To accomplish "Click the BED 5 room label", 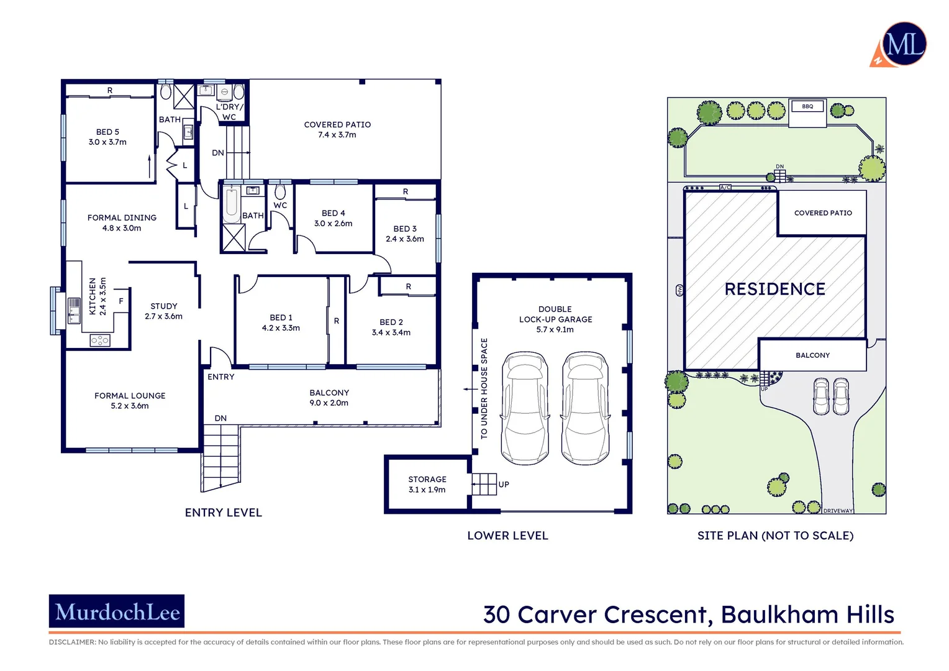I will coord(107,132).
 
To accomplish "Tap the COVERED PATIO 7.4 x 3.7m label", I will coord(337,129).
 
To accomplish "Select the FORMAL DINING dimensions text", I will coord(122,228).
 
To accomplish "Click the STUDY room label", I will coord(164,306).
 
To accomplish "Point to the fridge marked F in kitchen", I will coord(121,301).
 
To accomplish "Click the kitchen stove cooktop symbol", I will coord(99,340).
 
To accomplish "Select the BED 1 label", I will coord(281,317).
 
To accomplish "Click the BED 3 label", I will coord(405,229).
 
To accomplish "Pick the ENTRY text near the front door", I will coord(221,377).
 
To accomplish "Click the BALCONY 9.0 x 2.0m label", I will coord(329,398).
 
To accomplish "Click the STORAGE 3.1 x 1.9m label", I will coord(427,484).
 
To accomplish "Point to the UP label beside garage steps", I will coord(504,485).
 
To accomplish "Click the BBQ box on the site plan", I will coord(807,106).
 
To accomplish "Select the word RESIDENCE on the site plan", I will coord(774,289).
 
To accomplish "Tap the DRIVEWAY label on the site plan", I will coord(838,511).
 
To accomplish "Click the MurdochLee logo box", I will coord(117,611).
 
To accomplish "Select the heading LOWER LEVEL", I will coord(507,536).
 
